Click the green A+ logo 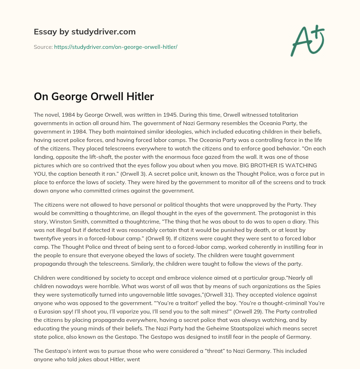point(308,41)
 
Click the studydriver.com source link point(116,47)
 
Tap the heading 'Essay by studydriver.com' point(84,32)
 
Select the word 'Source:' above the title point(43,47)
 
